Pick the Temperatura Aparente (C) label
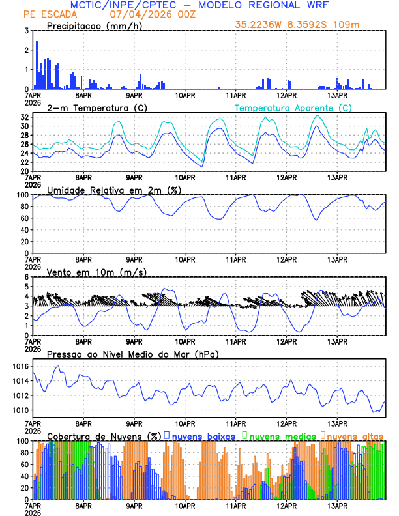293,108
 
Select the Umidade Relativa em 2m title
113,190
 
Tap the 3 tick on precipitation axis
26,31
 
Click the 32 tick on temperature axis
24,117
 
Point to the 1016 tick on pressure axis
20,367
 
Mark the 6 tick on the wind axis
26,277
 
